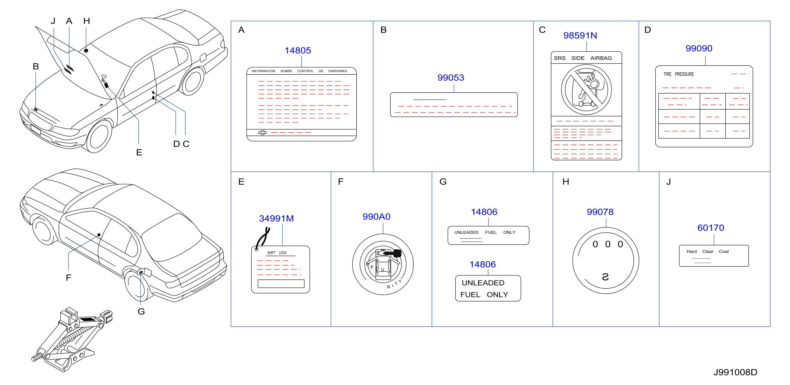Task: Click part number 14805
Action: (x=297, y=50)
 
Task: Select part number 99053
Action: (x=451, y=78)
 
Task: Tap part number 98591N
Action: (x=580, y=36)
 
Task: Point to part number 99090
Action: (x=699, y=49)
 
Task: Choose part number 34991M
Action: (x=276, y=218)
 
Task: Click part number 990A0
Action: (x=376, y=217)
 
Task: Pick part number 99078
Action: (x=600, y=212)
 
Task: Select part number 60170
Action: (x=711, y=228)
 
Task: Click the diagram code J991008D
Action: (x=735, y=372)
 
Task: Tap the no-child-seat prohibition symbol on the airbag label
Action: (x=586, y=90)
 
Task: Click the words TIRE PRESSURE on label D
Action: (x=678, y=74)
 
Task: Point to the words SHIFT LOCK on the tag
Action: (x=277, y=253)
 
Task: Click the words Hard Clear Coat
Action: (x=707, y=252)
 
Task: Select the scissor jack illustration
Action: (x=72, y=339)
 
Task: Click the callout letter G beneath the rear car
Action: (x=141, y=311)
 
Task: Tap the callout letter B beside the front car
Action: (x=36, y=66)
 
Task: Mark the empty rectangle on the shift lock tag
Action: (x=281, y=284)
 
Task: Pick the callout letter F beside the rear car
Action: (x=69, y=278)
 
